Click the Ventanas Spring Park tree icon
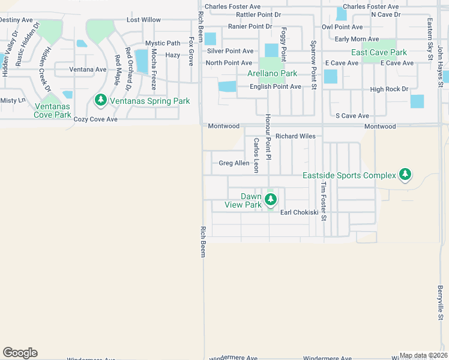[100, 100]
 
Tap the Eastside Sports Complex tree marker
[406, 175]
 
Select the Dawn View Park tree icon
[270, 200]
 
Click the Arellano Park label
[273, 74]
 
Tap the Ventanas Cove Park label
[53, 110]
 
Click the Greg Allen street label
[234, 163]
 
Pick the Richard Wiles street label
[295, 136]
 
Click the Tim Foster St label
[323, 202]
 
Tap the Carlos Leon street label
[256, 155]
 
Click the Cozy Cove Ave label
[95, 119]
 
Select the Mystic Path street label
[163, 43]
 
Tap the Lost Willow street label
[143, 20]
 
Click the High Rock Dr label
[389, 89]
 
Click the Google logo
[20, 352]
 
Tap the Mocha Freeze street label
[154, 69]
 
